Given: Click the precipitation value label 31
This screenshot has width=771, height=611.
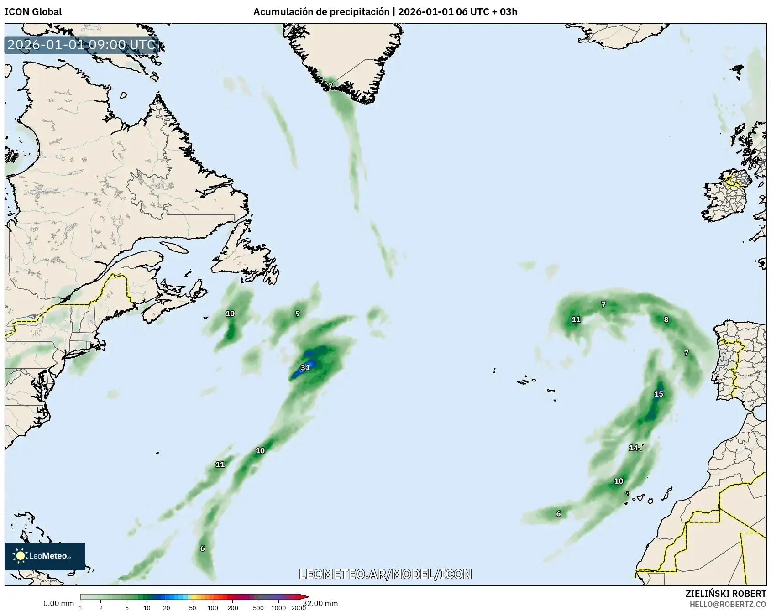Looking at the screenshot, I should (305, 367).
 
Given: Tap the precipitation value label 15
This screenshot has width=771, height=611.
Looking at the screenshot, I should (658, 394).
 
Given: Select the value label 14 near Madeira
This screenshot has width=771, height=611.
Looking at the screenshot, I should (634, 448).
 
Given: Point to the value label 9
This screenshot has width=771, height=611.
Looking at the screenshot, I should (298, 313).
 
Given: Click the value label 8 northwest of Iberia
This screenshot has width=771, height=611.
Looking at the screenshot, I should (666, 319).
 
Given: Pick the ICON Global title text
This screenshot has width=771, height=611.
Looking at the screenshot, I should (33, 12).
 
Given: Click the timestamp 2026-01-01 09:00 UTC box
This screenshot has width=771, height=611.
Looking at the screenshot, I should (82, 45).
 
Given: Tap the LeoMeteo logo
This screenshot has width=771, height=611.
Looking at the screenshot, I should (44, 556).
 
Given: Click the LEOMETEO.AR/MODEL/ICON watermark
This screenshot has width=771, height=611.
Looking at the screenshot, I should (385, 574).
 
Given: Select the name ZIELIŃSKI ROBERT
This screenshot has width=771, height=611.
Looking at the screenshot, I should (726, 594).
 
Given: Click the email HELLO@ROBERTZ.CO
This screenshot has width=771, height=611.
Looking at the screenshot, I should (728, 604).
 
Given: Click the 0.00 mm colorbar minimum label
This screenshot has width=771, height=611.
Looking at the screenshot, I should (58, 604).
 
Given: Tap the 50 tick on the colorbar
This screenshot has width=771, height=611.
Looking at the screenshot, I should (193, 608).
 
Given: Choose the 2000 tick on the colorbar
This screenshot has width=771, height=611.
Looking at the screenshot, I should (299, 608).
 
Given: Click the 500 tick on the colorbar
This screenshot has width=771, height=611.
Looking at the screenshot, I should (259, 608).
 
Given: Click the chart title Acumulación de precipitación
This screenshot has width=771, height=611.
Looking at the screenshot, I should (321, 12).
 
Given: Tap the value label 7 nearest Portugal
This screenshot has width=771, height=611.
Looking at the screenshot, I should (686, 352).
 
